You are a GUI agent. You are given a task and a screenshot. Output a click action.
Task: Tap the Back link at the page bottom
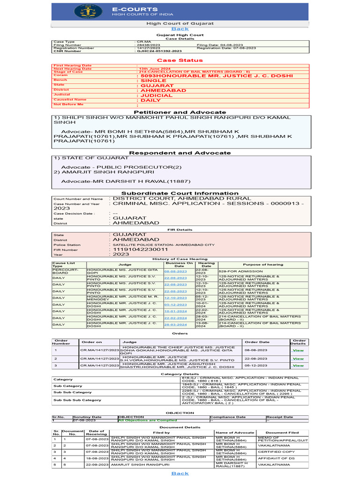[180, 473]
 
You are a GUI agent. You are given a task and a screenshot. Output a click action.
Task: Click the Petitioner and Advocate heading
[180, 112]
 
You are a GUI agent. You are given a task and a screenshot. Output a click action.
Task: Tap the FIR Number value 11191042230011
[139, 250]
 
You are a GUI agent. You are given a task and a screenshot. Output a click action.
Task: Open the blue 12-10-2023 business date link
[175, 298]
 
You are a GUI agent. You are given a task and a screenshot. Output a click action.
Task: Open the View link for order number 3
[298, 366]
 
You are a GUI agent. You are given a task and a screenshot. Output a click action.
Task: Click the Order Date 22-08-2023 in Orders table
[257, 358]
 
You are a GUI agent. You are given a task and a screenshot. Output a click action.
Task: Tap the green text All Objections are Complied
[148, 420]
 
